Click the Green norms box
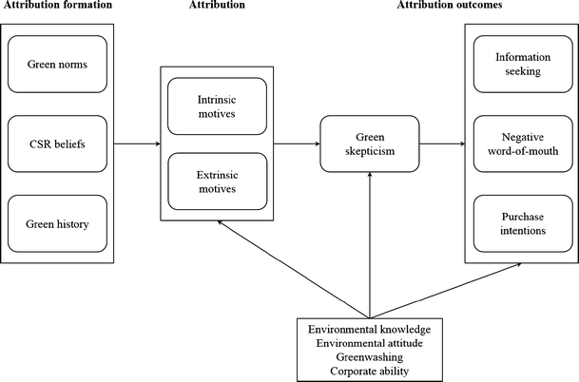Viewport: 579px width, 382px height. coord(59,66)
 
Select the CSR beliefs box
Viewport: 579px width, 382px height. coord(59,144)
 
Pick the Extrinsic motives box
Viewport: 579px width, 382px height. coord(220,181)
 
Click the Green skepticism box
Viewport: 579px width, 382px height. coord(369,144)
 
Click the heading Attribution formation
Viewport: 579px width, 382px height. coord(57,8)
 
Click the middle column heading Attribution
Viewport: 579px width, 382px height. coord(222,8)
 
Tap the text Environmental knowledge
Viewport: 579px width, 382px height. coord(370,329)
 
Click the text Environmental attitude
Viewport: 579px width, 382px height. coord(370,342)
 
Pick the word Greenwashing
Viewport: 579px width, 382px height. coord(370,356)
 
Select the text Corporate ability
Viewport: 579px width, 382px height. coord(370,370)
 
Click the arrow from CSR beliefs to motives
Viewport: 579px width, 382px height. coord(138,144)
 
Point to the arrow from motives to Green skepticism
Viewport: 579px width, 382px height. coord(297,144)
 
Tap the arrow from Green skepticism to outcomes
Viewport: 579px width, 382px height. coord(441,144)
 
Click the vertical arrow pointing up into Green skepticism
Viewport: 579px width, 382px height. coord(369,247)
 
